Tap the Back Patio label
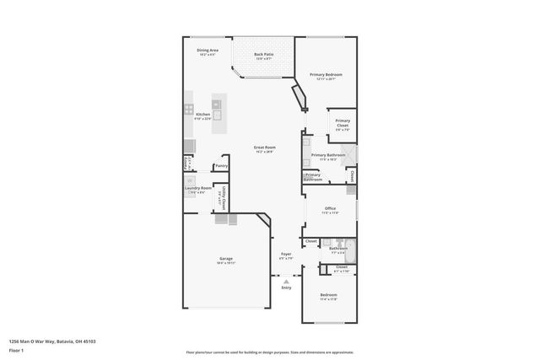263,56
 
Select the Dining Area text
208,51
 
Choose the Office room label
330,209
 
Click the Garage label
226,260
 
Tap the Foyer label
286,255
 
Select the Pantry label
221,166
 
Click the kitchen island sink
217,116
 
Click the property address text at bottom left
51,341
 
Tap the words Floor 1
15,349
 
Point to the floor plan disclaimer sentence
269,352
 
